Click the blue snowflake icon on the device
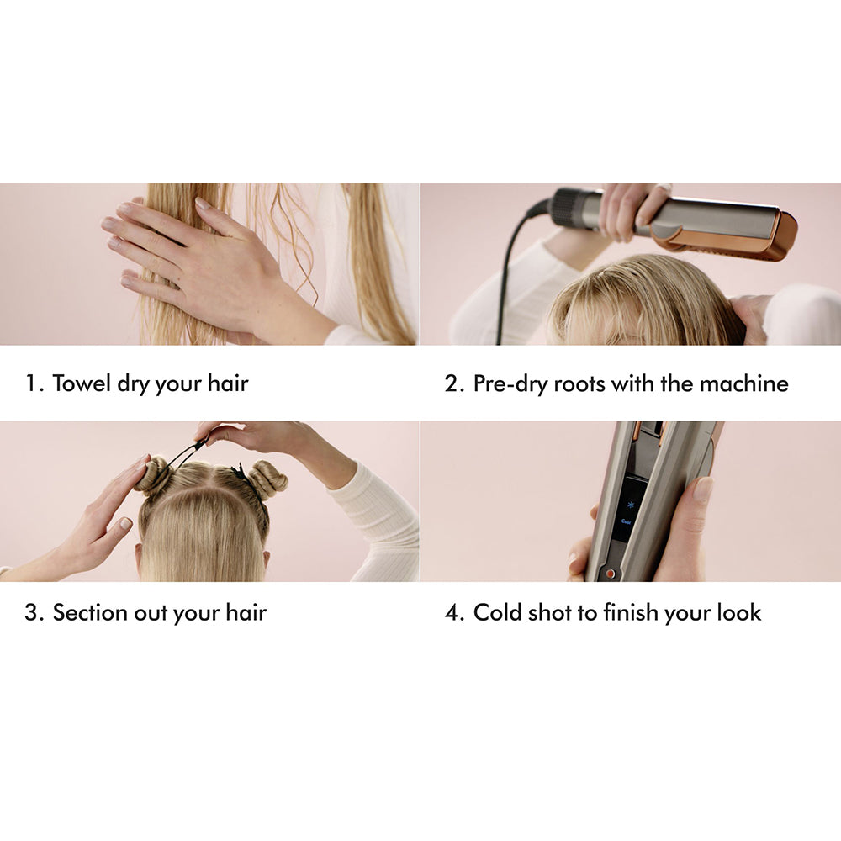click(629, 505)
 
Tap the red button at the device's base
click(611, 574)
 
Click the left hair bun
click(153, 476)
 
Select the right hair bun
click(267, 479)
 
